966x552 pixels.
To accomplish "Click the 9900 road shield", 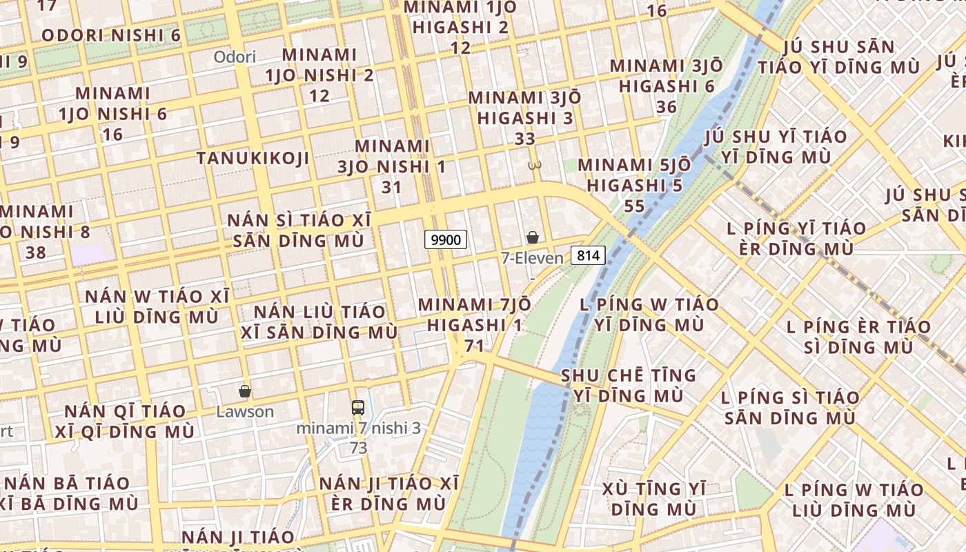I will point(446,239).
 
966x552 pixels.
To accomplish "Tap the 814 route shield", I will point(589,255).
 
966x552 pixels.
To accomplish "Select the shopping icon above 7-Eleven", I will point(533,238).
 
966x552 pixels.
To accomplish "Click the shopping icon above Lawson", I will point(244,391).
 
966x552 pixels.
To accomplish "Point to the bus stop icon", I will point(357,407).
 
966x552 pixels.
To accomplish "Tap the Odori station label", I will point(235,57).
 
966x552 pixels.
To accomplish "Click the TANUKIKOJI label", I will point(253,158).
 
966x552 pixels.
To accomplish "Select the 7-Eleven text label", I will point(532,258).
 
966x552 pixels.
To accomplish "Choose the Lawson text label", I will point(245,412).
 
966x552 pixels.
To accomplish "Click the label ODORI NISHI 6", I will point(111,35).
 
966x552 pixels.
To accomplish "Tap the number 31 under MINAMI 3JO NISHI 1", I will point(391,187).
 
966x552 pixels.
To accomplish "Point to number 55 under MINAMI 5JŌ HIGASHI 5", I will point(633,206).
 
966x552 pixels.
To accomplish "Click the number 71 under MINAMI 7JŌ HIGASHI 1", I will point(474,345).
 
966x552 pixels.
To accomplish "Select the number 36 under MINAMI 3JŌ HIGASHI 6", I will point(667,107).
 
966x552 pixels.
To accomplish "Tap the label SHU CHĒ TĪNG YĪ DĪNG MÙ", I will point(629,385).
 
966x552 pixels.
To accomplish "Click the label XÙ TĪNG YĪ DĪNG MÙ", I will point(653,498).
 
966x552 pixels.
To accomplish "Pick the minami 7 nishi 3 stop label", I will point(358,428).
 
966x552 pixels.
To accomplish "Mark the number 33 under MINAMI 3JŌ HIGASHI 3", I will point(525,138).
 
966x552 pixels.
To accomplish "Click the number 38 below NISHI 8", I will point(35,252).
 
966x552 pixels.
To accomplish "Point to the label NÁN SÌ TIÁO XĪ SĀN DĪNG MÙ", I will point(299,230).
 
